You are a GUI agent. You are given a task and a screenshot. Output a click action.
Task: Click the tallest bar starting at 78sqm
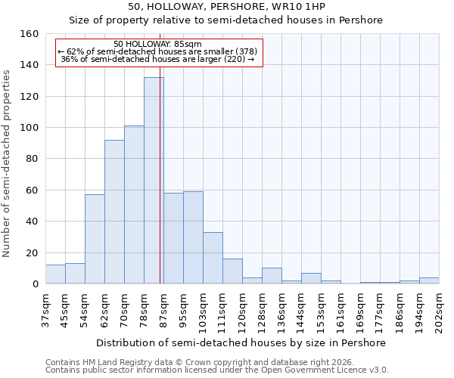(x=154, y=181)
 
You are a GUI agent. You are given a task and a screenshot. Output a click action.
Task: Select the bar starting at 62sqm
(x=114, y=212)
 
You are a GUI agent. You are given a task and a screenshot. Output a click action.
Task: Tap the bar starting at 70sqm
(x=134, y=205)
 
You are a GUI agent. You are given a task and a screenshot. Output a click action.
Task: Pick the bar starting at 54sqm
(x=95, y=239)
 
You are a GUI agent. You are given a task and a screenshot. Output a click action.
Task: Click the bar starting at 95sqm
(x=193, y=237)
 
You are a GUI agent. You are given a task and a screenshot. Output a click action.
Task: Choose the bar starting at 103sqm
(x=213, y=258)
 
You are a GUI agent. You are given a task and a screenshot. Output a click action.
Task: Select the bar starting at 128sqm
(x=272, y=276)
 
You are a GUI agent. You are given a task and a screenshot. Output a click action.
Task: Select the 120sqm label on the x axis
(x=242, y=309)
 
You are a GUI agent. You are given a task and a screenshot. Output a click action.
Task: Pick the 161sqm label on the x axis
(x=340, y=309)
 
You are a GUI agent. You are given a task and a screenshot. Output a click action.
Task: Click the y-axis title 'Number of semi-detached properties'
(x=7, y=160)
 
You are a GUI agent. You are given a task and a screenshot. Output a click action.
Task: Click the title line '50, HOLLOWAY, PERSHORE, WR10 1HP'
(x=226, y=7)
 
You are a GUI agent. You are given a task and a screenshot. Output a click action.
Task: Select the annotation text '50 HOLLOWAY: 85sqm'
(x=158, y=45)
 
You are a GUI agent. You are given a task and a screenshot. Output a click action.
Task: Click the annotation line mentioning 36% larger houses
(x=158, y=59)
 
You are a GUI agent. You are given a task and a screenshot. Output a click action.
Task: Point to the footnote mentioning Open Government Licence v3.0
(x=217, y=370)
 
